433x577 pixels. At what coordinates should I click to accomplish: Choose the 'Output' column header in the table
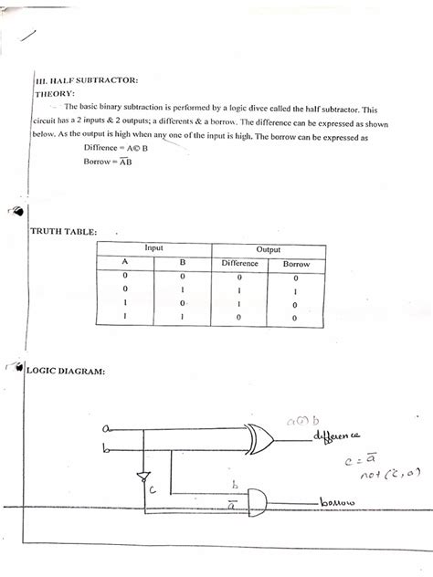pyautogui.click(x=268, y=249)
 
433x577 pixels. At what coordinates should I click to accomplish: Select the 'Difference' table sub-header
pyautogui.click(x=240, y=264)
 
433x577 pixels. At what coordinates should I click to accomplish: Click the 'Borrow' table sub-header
pyautogui.click(x=296, y=264)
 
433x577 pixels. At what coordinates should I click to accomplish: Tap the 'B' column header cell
pyautogui.click(x=182, y=265)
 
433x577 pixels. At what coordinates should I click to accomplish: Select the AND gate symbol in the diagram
pyautogui.click(x=257, y=499)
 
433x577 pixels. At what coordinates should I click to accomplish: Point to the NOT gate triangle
pyautogui.click(x=142, y=476)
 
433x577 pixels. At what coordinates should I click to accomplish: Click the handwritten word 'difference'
pyautogui.click(x=337, y=439)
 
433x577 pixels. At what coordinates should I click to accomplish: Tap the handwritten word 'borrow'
pyautogui.click(x=340, y=504)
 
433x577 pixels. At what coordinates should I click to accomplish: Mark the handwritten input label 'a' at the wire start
pyautogui.click(x=106, y=427)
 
